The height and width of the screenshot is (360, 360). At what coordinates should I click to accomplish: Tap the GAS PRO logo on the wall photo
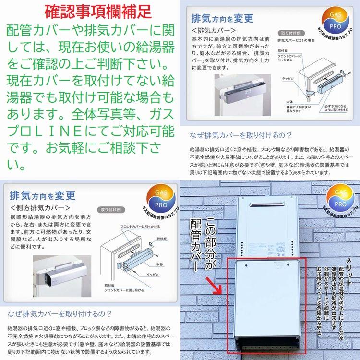338,199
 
